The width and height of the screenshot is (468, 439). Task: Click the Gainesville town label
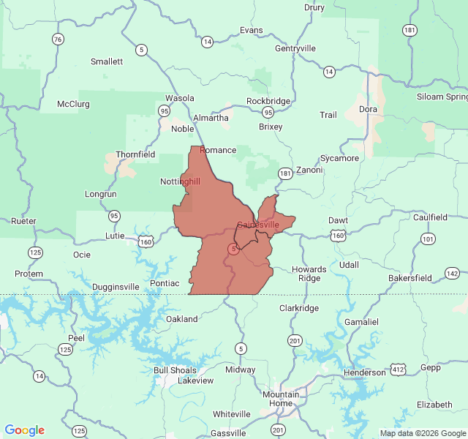click(x=258, y=225)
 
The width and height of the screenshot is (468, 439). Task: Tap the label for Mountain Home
click(x=281, y=399)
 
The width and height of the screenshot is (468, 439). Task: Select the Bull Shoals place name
click(x=175, y=371)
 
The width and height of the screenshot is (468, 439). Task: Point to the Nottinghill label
click(x=180, y=181)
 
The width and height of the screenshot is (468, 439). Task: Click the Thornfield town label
click(x=135, y=155)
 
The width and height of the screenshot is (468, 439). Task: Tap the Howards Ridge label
click(x=309, y=274)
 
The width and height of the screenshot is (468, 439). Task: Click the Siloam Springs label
click(x=442, y=97)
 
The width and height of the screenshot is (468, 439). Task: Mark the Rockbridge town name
click(x=268, y=101)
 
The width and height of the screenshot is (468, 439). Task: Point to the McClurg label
click(x=73, y=104)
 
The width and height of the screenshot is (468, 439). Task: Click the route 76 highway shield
click(x=58, y=38)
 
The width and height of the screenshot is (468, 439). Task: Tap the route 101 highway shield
click(x=428, y=239)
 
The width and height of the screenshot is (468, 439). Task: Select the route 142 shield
click(x=453, y=274)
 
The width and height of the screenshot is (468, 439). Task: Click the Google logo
click(x=25, y=430)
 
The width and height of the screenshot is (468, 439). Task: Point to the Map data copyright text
click(x=423, y=433)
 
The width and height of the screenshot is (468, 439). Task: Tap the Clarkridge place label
click(x=299, y=308)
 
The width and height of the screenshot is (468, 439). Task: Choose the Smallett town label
click(x=107, y=61)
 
